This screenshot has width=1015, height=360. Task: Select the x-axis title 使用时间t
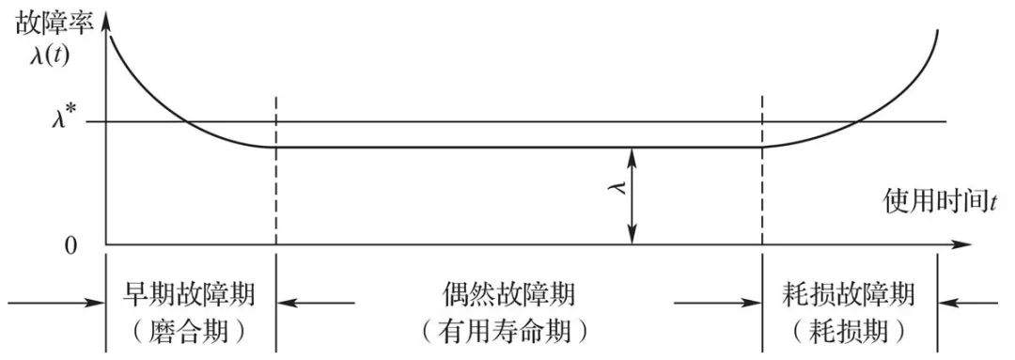pyautogui.click(x=939, y=199)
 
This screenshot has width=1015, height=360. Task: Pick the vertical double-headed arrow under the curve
pyautogui.click(x=634, y=196)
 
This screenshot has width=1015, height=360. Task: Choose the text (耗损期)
pyautogui.click(x=849, y=330)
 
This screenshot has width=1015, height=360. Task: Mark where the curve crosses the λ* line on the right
pyautogui.click(x=856, y=121)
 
